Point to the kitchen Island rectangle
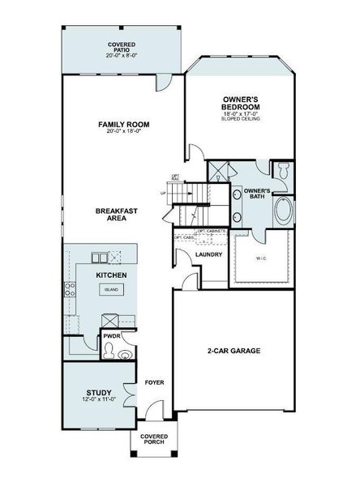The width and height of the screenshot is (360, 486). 111,289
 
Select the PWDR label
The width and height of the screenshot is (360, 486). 111,335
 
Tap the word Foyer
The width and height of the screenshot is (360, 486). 154,382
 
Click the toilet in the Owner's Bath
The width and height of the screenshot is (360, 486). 283,171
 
